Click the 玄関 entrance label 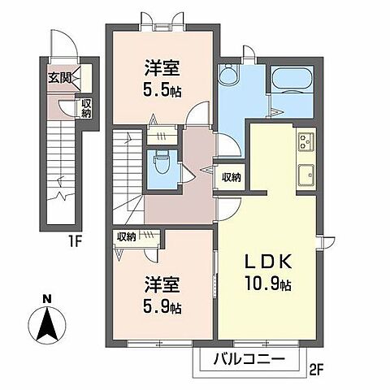pos(59,78)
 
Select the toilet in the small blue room pos(162,163)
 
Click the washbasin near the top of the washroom pos(229,73)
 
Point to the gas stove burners pos(306,141)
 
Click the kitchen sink pos(306,175)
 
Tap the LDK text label pos(268,262)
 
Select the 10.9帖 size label pos(268,283)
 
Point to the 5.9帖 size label pos(162,306)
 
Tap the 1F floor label pos(75,241)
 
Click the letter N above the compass pos(47,299)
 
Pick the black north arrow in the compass pos(47,324)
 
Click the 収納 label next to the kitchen pos(232,177)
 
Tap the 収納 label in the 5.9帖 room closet pos(126,237)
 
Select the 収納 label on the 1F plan pos(86,108)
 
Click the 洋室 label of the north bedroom pos(162,67)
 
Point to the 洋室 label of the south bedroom pos(162,284)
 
